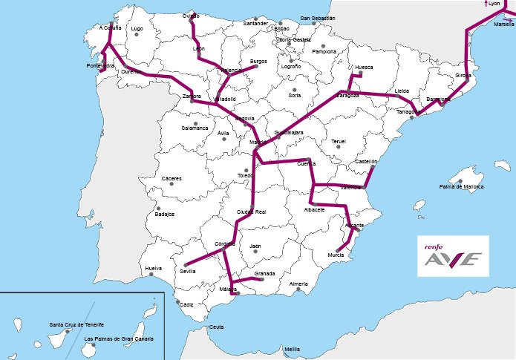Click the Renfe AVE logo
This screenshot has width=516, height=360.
pos(452,256)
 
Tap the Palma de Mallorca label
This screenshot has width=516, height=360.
pos(462,186)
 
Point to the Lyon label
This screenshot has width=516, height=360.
pos(494,4)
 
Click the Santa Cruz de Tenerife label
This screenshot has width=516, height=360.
pos(76,324)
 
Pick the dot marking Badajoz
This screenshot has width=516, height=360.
pos(158,209)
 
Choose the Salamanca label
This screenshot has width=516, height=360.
pos(195,128)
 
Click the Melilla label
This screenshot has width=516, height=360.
pos(292,350)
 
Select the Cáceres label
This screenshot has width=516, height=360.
pos(172,178)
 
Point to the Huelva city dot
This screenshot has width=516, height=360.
pos(151,275)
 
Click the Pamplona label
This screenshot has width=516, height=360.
pos(324,52)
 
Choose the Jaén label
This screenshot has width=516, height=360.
pos(255,246)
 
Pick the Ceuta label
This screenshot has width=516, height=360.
pos(217,327)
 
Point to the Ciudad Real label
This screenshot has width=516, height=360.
pos(251,212)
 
